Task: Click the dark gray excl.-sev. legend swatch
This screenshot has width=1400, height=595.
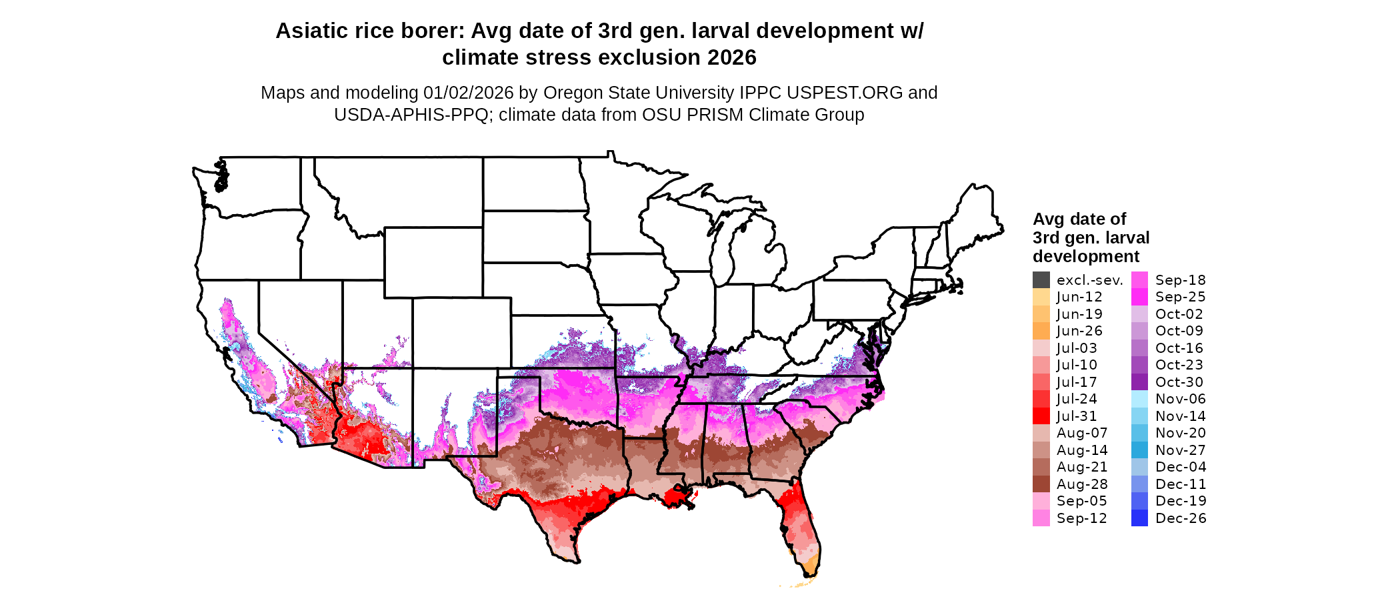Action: [x=1041, y=279]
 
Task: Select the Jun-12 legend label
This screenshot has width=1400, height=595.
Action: [x=1079, y=297]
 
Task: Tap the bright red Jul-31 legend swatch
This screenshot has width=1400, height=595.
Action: [x=1041, y=416]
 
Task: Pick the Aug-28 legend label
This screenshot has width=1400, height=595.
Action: [x=1082, y=484]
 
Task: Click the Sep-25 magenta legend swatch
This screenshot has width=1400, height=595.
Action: [x=1139, y=297]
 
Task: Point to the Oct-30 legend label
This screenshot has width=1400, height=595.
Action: [x=1179, y=382]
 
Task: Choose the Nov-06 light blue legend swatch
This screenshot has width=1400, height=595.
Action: [x=1139, y=399]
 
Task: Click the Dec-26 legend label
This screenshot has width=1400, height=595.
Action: [x=1181, y=518]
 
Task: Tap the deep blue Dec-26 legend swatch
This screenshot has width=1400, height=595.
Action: [x=1139, y=518]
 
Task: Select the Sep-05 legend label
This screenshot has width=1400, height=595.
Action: [x=1081, y=501]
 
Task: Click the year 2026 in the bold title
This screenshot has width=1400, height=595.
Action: [x=732, y=58]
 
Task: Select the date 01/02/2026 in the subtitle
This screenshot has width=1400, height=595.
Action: [x=468, y=93]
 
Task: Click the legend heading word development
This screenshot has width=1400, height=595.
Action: [x=1086, y=257]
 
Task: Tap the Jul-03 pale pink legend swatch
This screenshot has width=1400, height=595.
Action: [x=1041, y=348]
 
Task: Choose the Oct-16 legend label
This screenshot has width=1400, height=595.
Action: [x=1179, y=348]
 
